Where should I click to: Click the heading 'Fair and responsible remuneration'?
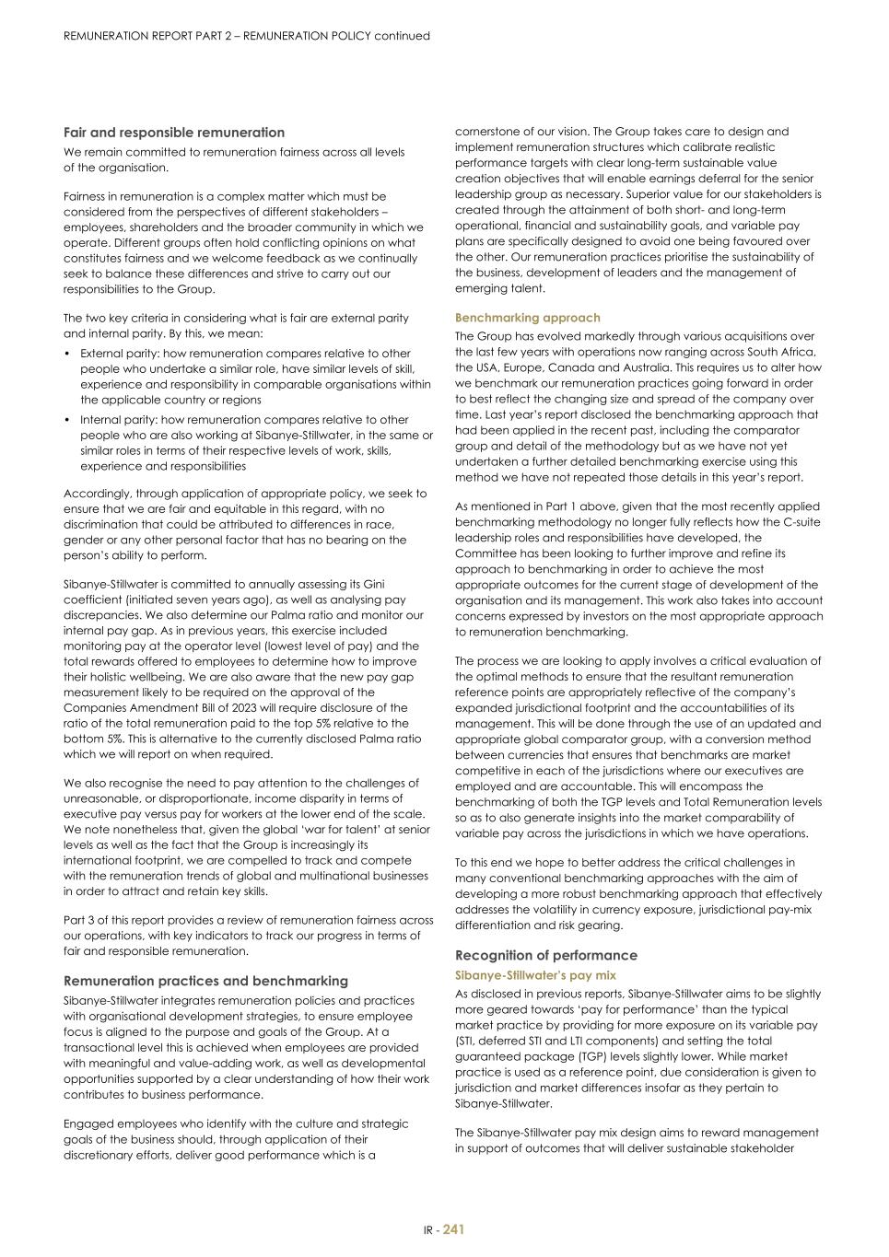[174, 133]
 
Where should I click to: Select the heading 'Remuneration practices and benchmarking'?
[205, 981]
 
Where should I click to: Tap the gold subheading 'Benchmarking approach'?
[527, 318]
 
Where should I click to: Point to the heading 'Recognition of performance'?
[545, 955]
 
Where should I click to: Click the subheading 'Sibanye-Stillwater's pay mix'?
[535, 975]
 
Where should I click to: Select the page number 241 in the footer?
[453, 1229]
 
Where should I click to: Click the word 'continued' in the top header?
[402, 36]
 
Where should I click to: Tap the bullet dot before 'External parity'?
[67, 354]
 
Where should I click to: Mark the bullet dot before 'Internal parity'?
[67, 420]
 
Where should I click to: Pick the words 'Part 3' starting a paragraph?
[79, 920]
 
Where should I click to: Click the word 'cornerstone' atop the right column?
[487, 132]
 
